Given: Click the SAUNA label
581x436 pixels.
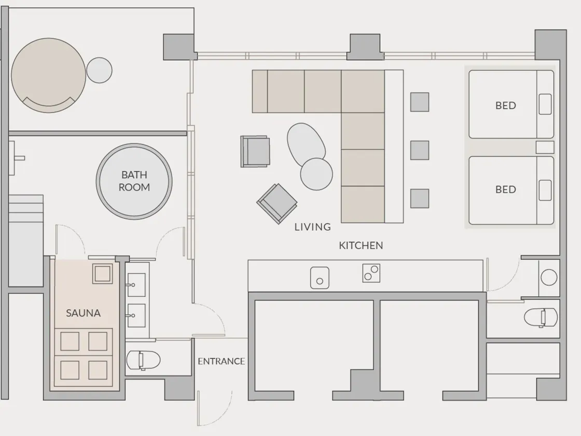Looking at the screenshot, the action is click(x=83, y=314).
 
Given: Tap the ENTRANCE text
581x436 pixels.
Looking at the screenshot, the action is click(x=221, y=361).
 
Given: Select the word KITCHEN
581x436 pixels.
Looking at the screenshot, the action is click(x=361, y=246).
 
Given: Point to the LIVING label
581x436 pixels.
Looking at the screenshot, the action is click(x=313, y=227).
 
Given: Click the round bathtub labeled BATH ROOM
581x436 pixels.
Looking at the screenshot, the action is click(x=134, y=182).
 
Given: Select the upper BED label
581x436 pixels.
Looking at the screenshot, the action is click(x=506, y=106).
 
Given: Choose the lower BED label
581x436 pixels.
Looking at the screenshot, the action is click(x=506, y=189).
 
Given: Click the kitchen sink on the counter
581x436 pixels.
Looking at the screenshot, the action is click(x=320, y=278).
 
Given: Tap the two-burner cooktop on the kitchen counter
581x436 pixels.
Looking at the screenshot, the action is click(x=371, y=273).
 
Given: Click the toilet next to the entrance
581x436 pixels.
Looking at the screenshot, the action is click(x=143, y=360).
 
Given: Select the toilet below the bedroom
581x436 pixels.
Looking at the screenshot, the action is click(x=541, y=318).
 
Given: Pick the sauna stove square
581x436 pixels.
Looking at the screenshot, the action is click(x=102, y=274).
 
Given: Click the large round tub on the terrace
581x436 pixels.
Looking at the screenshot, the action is click(x=49, y=75).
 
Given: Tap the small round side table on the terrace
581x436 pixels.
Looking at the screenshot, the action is click(x=99, y=70).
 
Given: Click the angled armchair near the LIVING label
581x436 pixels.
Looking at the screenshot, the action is click(x=277, y=203).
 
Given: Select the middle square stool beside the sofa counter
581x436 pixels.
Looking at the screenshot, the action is click(x=420, y=150).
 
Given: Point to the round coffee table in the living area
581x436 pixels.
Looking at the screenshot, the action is click(x=316, y=174).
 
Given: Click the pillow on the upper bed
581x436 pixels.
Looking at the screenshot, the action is click(x=545, y=104).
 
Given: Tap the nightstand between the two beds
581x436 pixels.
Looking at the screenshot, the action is click(x=545, y=147).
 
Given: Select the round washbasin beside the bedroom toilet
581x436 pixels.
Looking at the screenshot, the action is click(x=549, y=277).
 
